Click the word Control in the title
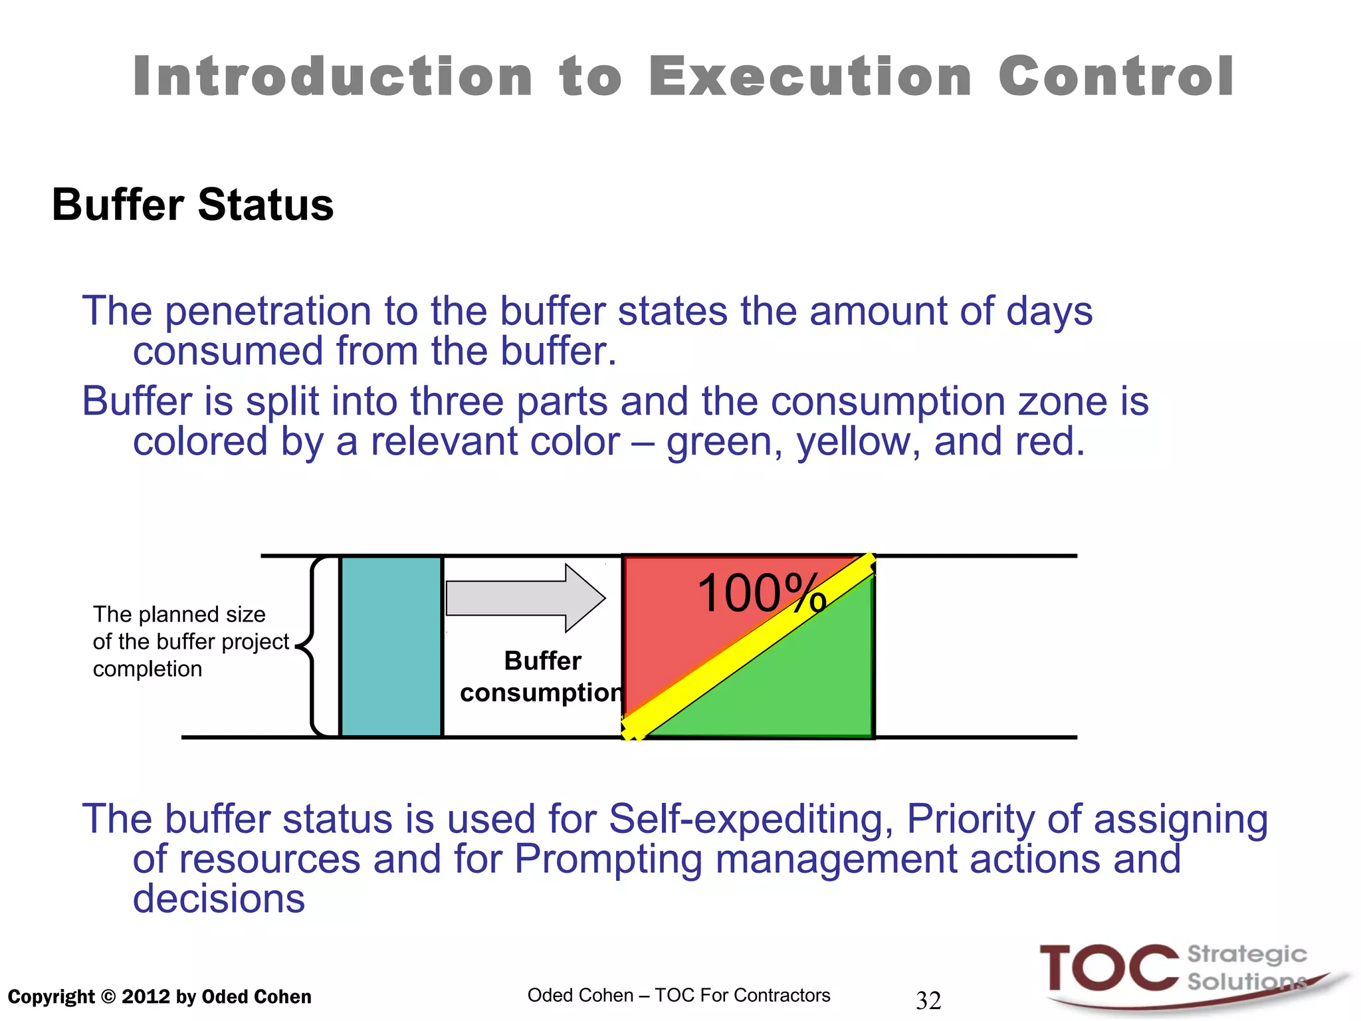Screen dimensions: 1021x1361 pos(1116,76)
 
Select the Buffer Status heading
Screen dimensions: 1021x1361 pos(193,205)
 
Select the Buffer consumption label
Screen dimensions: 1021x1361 pos(542,677)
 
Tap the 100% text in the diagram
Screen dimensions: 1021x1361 pos(761,594)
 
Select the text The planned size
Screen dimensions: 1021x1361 pos(179,614)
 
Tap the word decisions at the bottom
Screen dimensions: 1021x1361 pos(219,899)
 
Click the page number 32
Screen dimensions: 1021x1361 pos(928,1000)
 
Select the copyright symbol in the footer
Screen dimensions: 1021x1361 pos(108,997)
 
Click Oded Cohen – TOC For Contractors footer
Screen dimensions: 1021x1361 pos(679,995)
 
